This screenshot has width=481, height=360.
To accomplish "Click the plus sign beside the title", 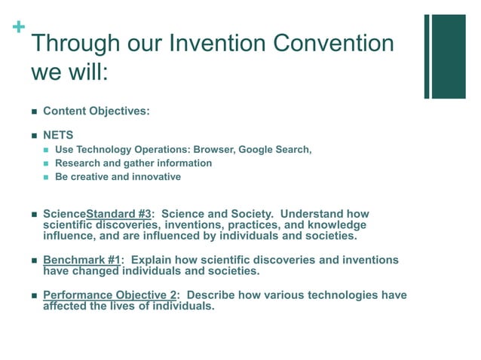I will (18, 27).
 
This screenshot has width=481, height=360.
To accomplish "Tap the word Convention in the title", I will (333, 43).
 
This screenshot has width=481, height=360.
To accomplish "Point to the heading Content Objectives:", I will (97, 111).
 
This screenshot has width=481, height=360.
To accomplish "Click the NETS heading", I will (58, 136).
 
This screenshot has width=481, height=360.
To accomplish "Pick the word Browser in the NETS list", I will (213, 149).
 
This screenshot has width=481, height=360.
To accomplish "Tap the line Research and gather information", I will (133, 163).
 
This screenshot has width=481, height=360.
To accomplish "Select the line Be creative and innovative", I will (118, 176).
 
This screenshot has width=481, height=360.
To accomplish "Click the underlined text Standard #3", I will (119, 214).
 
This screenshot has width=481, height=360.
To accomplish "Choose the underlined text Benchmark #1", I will (81, 260).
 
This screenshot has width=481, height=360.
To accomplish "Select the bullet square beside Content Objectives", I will (34, 111).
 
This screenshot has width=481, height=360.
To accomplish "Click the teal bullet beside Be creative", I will (46, 177).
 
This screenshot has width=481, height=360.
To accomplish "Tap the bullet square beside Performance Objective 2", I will (34, 295).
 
